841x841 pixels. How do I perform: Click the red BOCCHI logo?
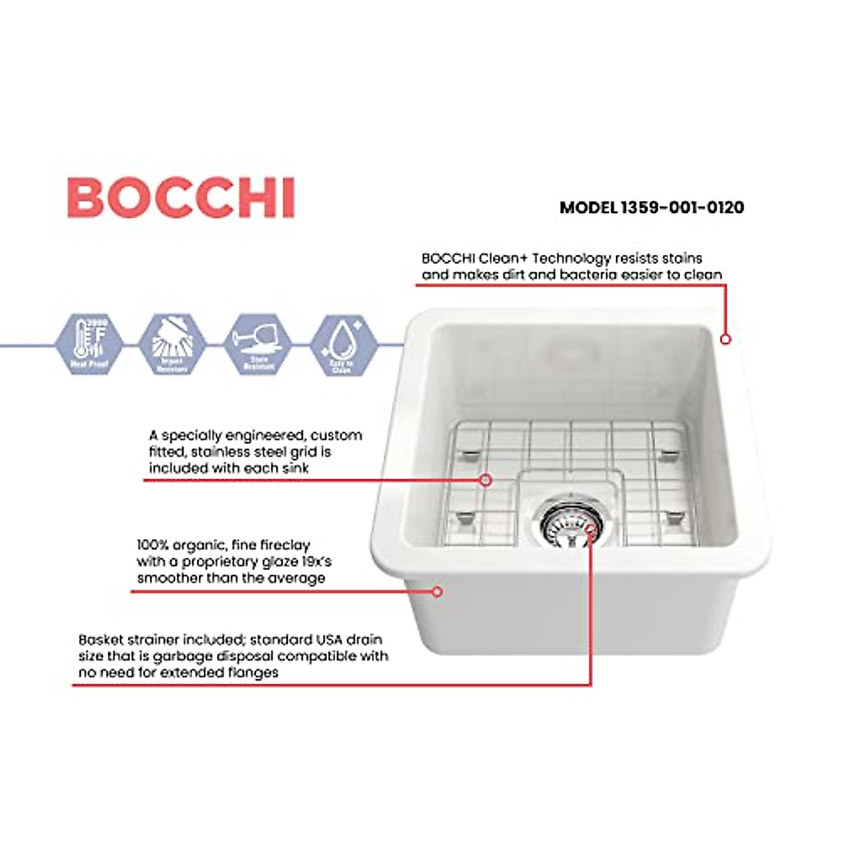coord(181,198)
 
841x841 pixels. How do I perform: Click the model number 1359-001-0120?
coord(682,207)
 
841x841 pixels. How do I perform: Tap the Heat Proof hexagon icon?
coord(88,344)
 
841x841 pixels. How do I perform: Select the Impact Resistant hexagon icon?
coord(172,344)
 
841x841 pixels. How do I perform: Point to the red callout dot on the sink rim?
coord(725,339)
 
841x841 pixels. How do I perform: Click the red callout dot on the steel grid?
coord(485,480)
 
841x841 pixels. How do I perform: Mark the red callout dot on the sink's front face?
coord(437,592)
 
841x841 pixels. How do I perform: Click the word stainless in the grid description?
coord(221,452)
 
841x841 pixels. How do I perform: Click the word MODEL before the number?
coord(588,207)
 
